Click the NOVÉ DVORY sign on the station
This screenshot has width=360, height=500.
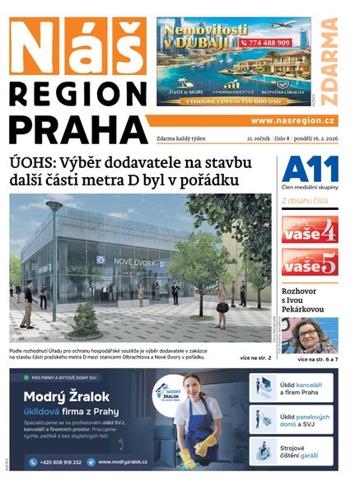click(130, 263)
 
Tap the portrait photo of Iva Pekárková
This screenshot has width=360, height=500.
click(310, 335)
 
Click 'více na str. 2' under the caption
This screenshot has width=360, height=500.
click(255, 358)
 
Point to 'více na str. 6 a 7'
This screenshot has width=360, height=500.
click(317, 359)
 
